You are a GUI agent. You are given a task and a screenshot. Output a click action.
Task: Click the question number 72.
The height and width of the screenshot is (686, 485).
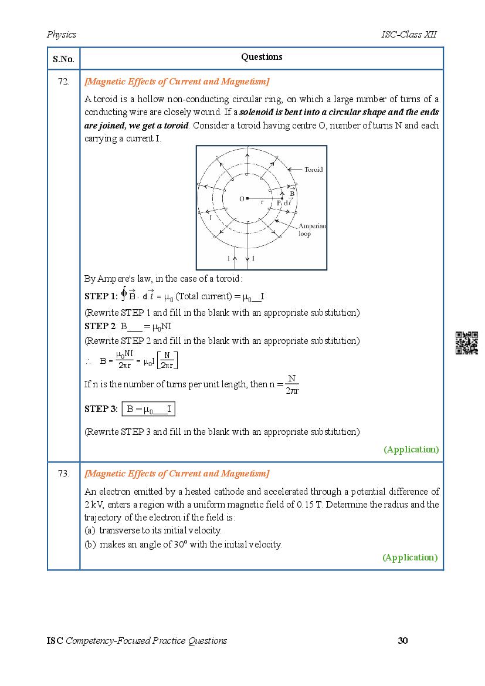63,82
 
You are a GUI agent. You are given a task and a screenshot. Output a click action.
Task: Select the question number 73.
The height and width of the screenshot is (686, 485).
63,474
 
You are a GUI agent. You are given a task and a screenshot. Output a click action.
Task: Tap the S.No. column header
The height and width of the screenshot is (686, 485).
63,59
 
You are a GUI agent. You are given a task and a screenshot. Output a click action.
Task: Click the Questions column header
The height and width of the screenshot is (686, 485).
262,57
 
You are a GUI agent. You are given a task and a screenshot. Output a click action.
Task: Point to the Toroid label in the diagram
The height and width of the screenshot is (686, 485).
313,170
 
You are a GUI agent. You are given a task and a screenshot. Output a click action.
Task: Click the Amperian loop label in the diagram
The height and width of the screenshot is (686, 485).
311,229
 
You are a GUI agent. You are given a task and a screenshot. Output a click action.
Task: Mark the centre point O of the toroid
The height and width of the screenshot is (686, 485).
247,198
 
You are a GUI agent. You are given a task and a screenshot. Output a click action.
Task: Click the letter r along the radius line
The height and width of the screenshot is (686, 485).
262,202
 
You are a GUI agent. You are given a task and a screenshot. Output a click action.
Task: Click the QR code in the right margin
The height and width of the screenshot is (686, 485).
467,343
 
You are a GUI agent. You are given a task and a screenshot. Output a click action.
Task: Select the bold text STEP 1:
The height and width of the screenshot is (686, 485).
101,296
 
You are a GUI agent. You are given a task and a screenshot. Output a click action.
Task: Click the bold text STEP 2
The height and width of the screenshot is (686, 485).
100,326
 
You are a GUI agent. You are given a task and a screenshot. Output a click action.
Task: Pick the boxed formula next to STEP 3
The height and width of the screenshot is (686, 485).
149,409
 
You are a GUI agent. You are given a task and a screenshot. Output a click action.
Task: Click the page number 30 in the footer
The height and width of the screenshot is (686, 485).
402,640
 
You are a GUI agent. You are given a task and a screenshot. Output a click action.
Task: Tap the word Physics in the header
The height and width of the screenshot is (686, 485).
62,35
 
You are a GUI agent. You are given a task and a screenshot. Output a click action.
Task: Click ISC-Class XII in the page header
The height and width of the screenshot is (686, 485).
408,35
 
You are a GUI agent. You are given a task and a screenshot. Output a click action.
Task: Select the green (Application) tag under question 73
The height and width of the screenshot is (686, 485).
410,557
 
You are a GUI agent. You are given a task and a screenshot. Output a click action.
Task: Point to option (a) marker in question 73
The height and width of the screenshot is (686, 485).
90,530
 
